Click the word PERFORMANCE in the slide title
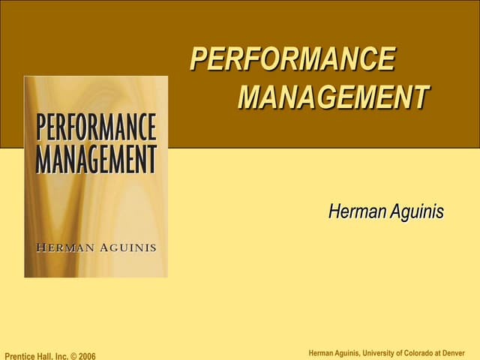tap(292, 59)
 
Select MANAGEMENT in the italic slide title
tap(333, 97)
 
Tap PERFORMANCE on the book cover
tap(97, 127)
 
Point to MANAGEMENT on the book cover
tap(97, 159)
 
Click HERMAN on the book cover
tap(64, 247)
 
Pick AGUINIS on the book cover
tap(125, 247)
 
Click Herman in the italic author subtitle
tap(355, 212)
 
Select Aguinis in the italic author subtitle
tap(415, 212)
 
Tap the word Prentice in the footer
tap(21, 355)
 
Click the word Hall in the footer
tap(49, 355)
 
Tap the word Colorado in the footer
tap(427, 353)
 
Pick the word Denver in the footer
tap(465, 353)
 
